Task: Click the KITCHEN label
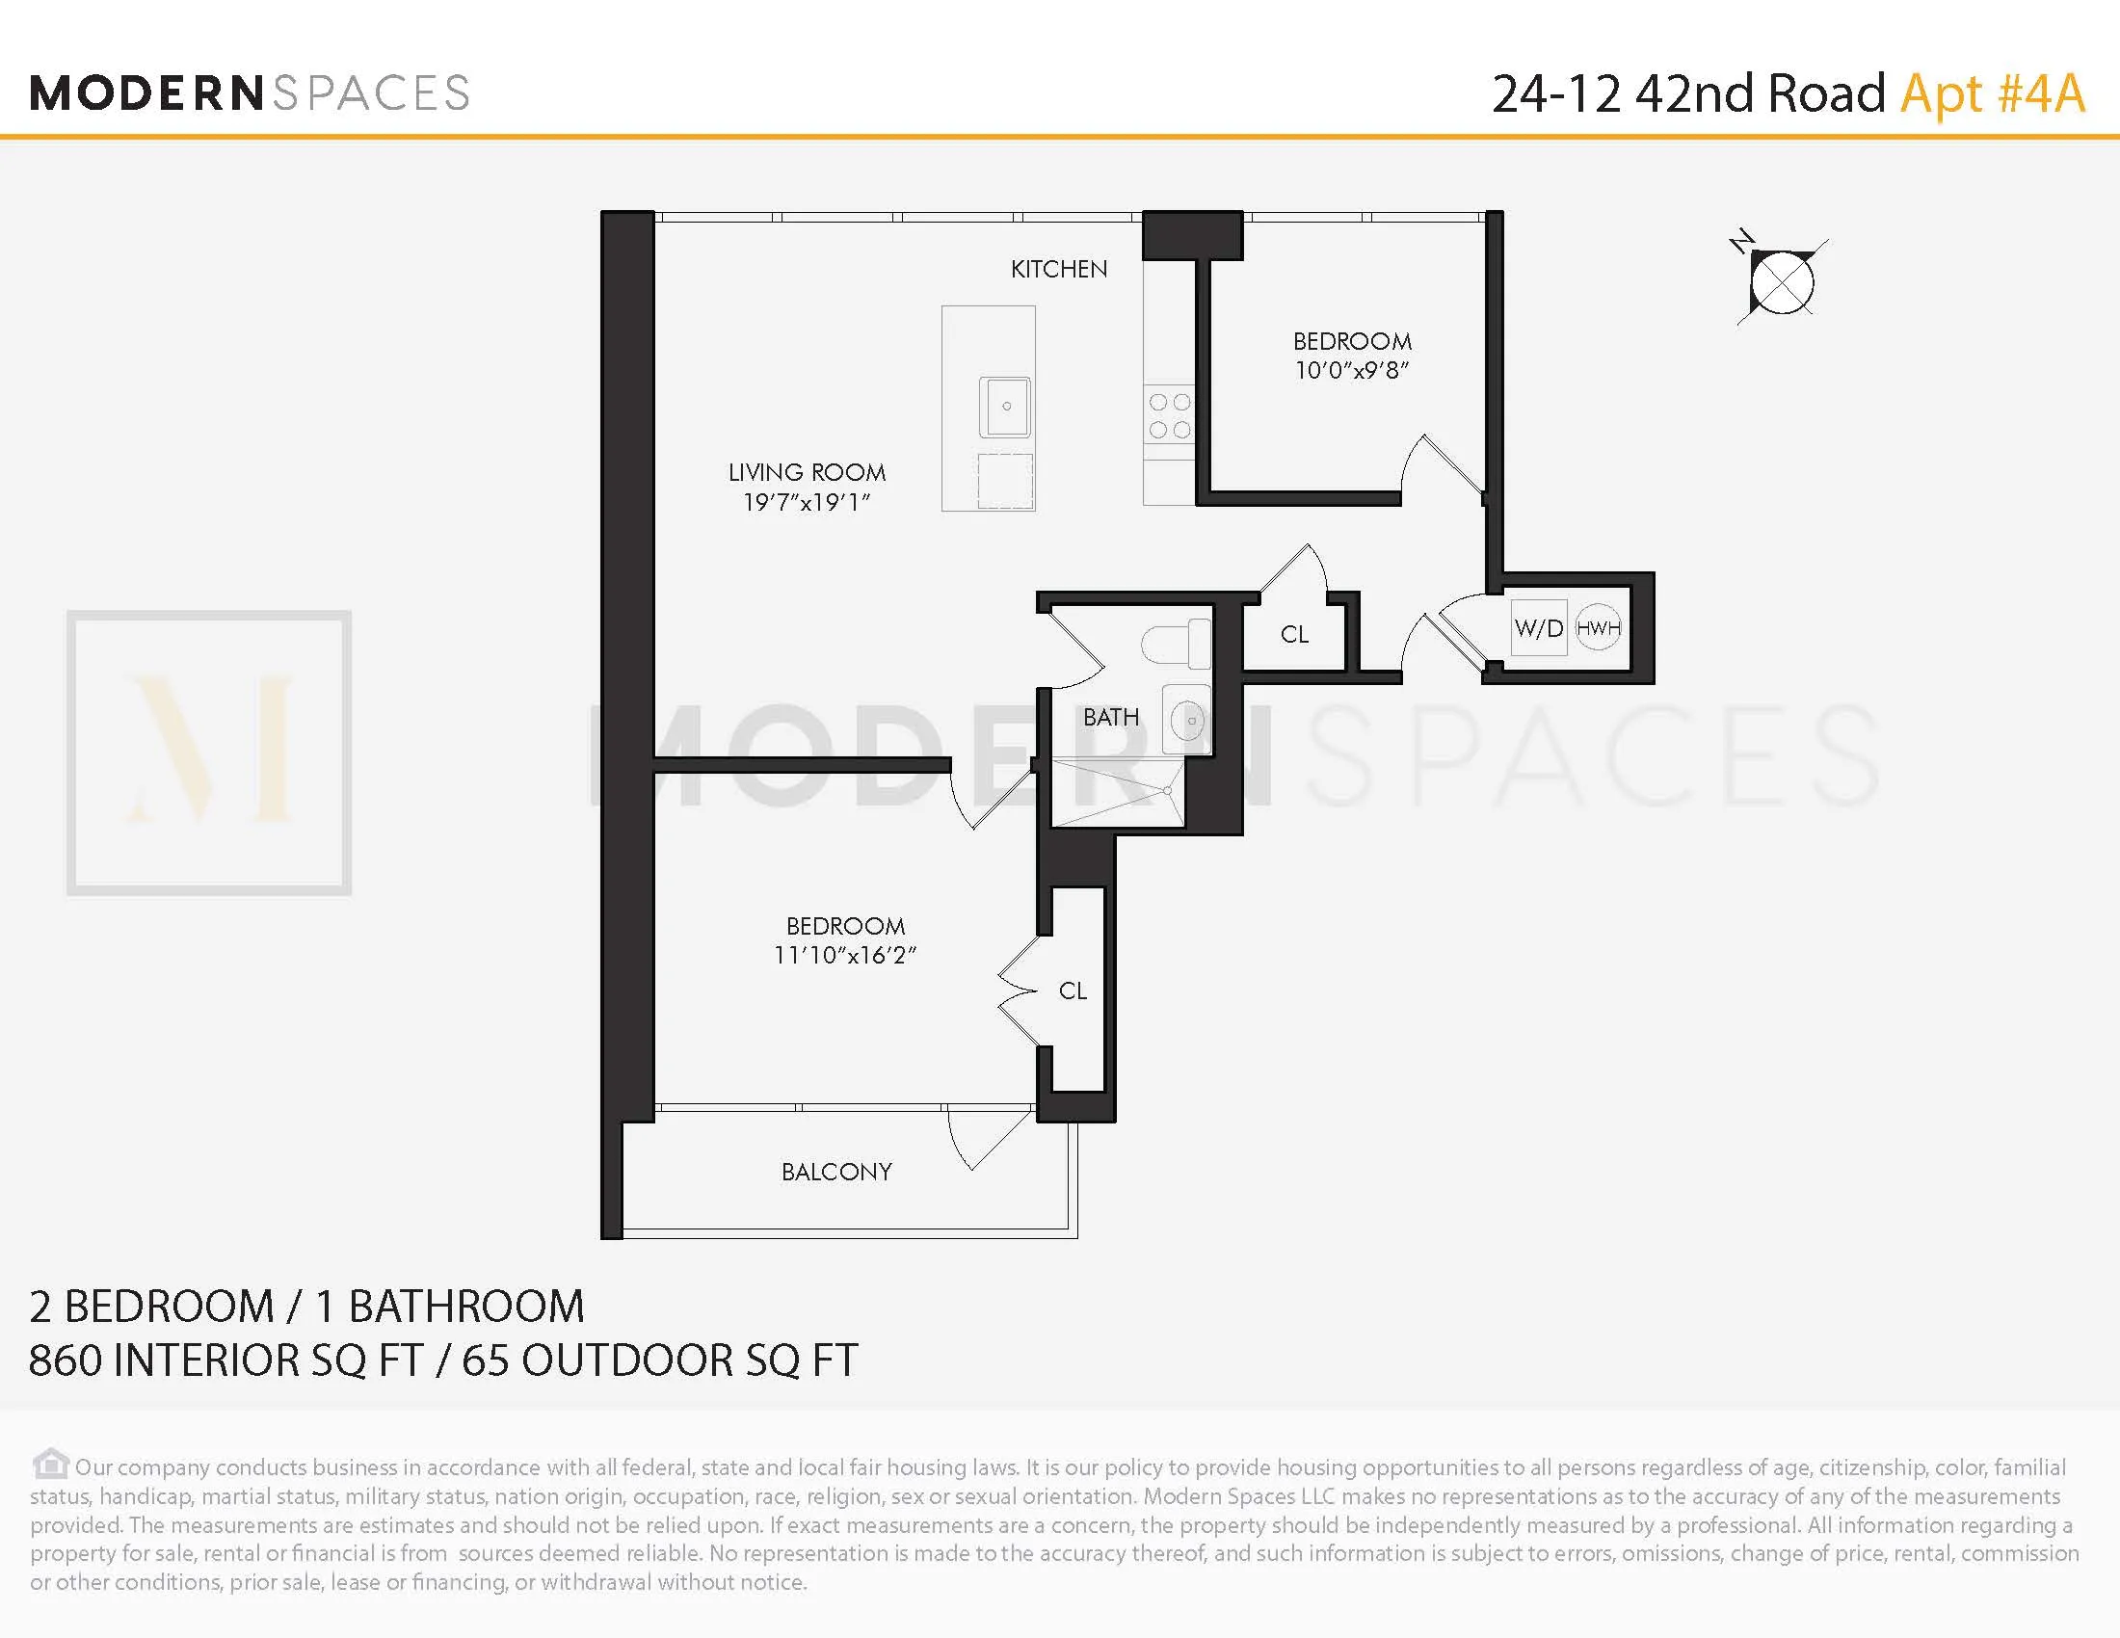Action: [x=1058, y=269]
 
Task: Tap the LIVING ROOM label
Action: [x=807, y=472]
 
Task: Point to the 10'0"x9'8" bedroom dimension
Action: [x=1351, y=370]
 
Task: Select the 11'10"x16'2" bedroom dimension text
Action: [x=844, y=955]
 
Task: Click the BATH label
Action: [x=1110, y=717]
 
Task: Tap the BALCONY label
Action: [x=835, y=1172]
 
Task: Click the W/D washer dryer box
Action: [x=1539, y=629]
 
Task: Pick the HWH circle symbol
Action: [x=1598, y=628]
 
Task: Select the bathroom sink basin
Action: [x=1189, y=720]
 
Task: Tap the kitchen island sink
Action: [x=1005, y=407]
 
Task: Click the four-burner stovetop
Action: [x=1169, y=415]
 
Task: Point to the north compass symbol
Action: [x=1781, y=282]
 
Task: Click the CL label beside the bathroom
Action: [x=1294, y=635]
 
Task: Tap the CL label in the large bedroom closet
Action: [x=1073, y=991]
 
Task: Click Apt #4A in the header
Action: [x=1992, y=94]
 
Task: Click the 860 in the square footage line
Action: [x=65, y=1361]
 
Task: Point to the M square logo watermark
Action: [x=209, y=753]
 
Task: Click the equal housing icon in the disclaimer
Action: [x=50, y=1464]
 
